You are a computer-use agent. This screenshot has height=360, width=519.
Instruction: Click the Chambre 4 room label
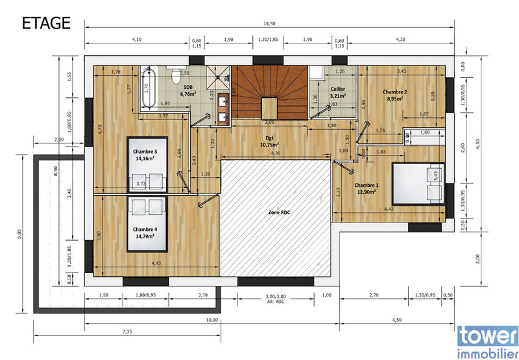tap(145, 232)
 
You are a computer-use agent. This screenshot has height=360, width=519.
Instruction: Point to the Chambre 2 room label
tap(395, 95)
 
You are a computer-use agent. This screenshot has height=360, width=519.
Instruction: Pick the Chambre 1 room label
tap(367, 189)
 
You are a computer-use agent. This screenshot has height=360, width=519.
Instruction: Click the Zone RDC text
tap(279, 213)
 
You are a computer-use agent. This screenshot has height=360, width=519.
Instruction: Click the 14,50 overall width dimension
tap(269, 24)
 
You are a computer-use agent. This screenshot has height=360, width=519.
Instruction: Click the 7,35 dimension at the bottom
tap(127, 332)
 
